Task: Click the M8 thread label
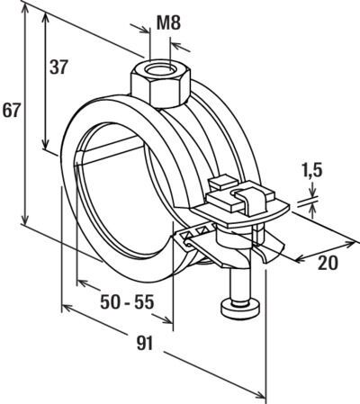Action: point(168,23)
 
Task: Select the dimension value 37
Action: point(58,67)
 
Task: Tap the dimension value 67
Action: point(12,111)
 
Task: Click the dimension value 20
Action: point(328,263)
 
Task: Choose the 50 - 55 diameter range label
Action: point(127,302)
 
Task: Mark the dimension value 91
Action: point(145,344)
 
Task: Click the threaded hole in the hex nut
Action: point(159,69)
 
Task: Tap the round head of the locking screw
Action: point(239,309)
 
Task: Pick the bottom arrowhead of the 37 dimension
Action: point(45,144)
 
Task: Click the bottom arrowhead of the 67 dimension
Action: point(25,219)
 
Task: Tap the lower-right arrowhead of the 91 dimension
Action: point(259,394)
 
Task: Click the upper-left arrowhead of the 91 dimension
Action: point(67,308)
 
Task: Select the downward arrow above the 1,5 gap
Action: point(313,190)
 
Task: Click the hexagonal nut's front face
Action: point(167,94)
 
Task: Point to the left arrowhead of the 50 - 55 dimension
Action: point(84,283)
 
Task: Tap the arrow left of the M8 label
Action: point(139,28)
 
